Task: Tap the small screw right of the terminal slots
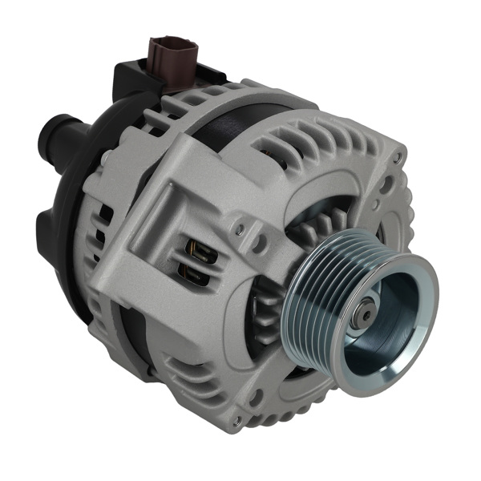pos(239,230)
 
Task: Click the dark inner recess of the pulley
pos(381,329)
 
